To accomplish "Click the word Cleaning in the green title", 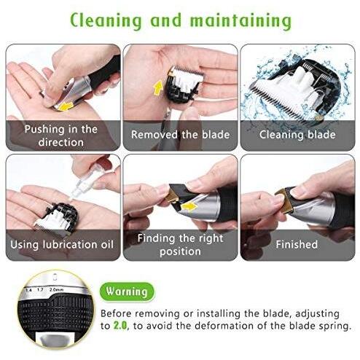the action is pyautogui.click(x=106, y=20).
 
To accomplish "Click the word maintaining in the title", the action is pyautogui.click(x=240, y=20).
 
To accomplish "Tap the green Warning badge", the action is pyautogui.click(x=127, y=291).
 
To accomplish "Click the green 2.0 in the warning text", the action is pyautogui.click(x=120, y=326).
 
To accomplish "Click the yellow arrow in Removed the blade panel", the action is pyautogui.click(x=158, y=88).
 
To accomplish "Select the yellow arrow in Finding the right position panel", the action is pyautogui.click(x=189, y=207).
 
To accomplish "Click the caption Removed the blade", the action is pyautogui.click(x=180, y=134).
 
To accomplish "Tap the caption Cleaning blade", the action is pyautogui.click(x=297, y=135).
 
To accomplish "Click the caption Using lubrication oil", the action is pyautogui.click(x=62, y=244).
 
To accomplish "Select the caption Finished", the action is pyautogui.click(x=297, y=244).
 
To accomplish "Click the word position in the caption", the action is pyautogui.click(x=180, y=251).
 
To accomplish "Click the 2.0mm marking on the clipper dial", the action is pyautogui.click(x=56, y=289).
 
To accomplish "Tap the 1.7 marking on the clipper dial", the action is pyautogui.click(x=40, y=289).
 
